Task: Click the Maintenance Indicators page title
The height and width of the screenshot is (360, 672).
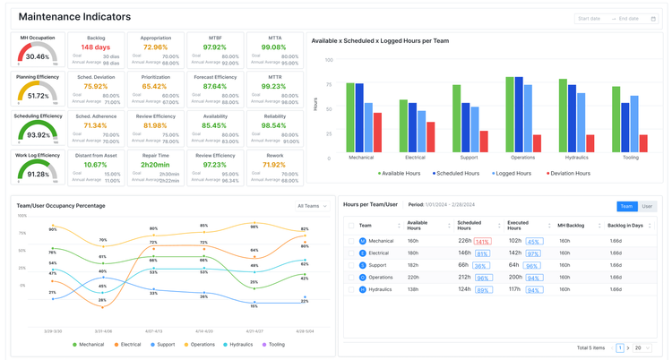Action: [74, 16]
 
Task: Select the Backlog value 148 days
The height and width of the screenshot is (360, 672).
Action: [95, 47]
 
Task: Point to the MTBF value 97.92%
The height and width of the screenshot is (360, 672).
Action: [214, 47]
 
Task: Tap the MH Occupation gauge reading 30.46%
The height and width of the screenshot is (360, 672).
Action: [38, 56]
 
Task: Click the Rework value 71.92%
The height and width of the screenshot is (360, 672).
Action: [273, 165]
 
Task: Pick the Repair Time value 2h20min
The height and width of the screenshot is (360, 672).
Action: [155, 165]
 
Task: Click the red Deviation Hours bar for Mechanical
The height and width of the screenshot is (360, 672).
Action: [378, 132]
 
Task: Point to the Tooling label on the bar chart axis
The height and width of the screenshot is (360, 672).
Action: [630, 158]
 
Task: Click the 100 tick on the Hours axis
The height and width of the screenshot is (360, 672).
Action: [328, 60]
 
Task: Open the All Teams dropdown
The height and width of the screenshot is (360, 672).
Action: [312, 206]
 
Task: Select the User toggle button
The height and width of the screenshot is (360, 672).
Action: [647, 206]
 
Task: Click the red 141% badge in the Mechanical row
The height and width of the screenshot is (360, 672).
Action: [482, 241]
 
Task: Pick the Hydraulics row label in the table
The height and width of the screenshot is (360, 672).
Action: [382, 289]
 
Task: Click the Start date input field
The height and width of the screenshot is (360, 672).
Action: [591, 18]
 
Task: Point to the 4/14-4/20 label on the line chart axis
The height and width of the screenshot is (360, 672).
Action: [203, 330]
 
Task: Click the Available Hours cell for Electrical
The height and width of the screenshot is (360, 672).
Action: [413, 253]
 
